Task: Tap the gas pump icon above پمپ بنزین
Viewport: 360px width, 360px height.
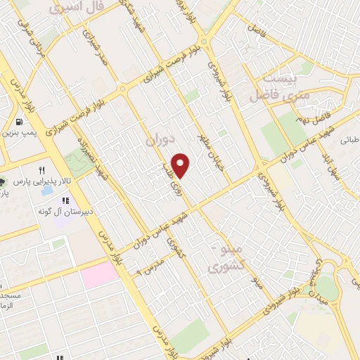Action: (x=16, y=122)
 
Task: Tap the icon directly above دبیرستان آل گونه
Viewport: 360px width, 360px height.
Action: (x=66, y=201)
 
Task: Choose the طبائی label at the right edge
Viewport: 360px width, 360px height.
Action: (x=350, y=140)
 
